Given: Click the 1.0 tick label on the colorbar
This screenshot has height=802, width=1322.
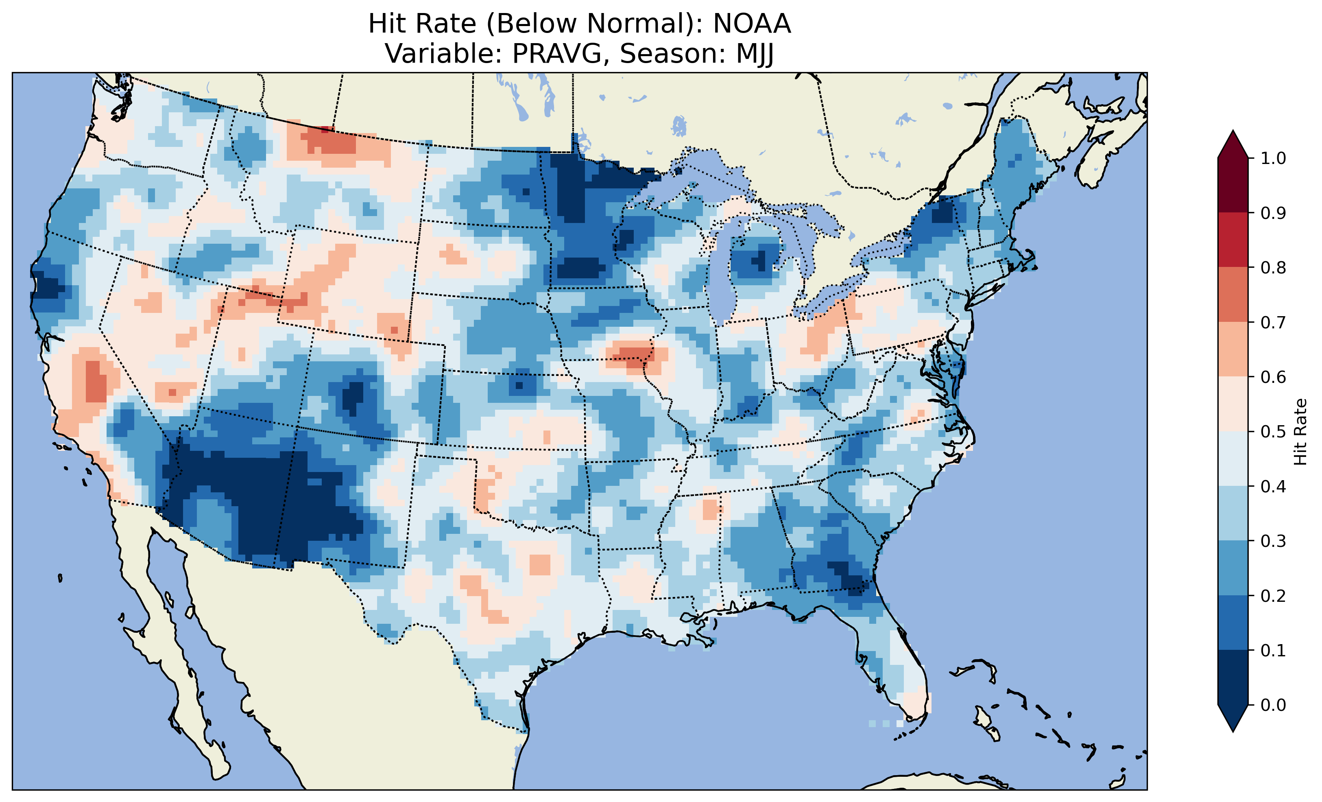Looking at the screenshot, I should [x=1273, y=158].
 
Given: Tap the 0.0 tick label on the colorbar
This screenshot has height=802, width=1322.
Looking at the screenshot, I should [x=1273, y=705].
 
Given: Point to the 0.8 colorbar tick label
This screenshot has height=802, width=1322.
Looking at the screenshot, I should [x=1273, y=267].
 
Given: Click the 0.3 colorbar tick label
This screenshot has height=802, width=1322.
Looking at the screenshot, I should [x=1273, y=541].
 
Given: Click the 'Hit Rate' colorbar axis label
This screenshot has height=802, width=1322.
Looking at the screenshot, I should [x=1300, y=432].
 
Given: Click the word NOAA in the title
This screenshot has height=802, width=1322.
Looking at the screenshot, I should [x=752, y=24].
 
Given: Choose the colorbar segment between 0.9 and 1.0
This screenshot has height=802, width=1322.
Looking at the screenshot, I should [x=1233, y=185].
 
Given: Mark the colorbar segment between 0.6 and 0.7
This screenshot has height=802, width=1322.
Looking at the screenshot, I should [x=1233, y=349].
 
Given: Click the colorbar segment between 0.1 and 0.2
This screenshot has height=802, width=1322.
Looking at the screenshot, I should [x=1233, y=623].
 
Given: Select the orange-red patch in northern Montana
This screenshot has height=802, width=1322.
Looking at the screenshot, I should [x=333, y=142].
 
